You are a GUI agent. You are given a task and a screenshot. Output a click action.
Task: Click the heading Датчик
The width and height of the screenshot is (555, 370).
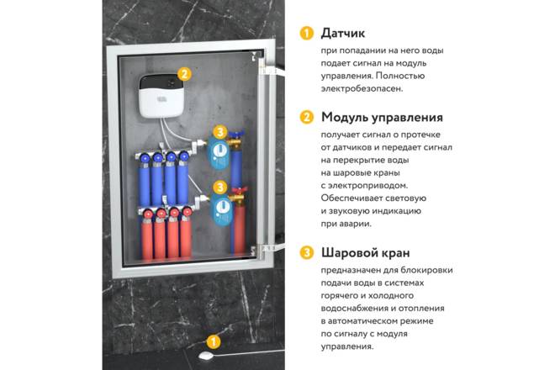click(342, 34)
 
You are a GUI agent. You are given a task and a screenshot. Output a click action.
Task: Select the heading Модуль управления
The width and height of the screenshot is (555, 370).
click(382, 117)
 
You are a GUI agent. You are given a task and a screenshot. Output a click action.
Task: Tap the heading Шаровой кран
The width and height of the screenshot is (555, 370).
click(365, 253)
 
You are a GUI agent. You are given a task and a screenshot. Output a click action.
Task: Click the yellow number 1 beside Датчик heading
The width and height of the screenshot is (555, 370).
click(307, 34)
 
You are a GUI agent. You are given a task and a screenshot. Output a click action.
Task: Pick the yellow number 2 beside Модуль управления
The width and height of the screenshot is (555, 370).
click(307, 117)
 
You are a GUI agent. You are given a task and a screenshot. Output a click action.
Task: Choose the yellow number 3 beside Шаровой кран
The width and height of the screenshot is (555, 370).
click(307, 253)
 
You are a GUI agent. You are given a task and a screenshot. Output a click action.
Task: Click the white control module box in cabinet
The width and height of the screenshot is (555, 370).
click(161, 96)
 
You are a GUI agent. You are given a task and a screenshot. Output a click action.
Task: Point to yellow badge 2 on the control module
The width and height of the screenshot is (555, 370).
click(184, 74)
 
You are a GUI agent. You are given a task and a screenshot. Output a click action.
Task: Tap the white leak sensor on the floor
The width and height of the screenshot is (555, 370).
click(206, 356)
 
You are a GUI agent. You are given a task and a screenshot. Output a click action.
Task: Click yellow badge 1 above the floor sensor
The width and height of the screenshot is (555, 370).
click(213, 342)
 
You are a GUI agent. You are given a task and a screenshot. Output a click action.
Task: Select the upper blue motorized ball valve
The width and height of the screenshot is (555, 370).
click(218, 152)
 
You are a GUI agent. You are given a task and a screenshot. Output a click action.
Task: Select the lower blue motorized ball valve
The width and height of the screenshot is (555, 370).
click(220, 209)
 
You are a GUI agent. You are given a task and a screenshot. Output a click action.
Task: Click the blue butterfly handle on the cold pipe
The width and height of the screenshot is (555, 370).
click(236, 135)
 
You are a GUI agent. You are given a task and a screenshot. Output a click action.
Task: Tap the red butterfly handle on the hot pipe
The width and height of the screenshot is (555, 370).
click(239, 191)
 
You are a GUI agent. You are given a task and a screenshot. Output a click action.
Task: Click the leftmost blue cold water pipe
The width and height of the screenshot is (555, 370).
click(144, 184)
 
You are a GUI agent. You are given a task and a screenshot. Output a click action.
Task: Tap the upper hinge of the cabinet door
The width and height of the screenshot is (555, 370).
click(270, 71)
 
